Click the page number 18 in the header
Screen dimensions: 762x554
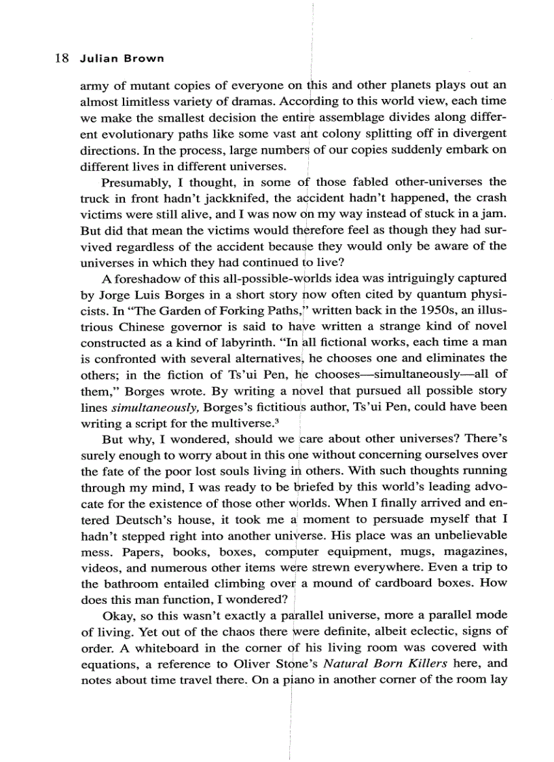(x=60, y=58)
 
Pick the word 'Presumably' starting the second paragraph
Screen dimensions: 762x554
(x=130, y=182)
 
